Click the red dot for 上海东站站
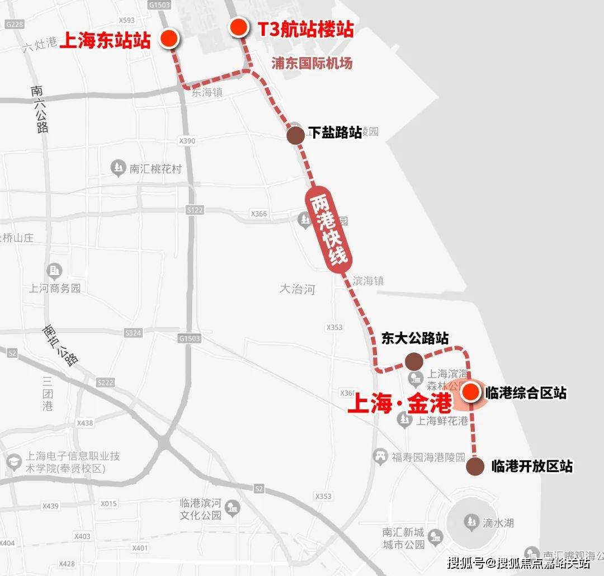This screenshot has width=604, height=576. [x=169, y=39]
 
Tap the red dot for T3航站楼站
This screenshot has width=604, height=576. [x=239, y=27]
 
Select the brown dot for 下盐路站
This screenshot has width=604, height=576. [x=295, y=135]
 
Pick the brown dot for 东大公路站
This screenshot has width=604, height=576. [x=414, y=360]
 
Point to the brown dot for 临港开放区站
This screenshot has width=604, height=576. [x=475, y=466]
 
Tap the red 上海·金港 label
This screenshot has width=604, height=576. [x=399, y=404]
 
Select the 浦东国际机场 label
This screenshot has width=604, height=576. [x=312, y=63]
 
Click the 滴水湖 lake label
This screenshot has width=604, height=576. [x=498, y=523]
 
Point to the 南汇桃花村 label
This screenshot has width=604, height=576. [x=155, y=168]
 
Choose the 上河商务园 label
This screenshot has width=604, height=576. [x=55, y=289]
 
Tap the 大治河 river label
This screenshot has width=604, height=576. [x=297, y=289]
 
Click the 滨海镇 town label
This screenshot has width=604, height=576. [x=367, y=281]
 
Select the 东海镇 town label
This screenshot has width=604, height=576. [x=207, y=93]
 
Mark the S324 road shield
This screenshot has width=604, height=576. [x=133, y=333]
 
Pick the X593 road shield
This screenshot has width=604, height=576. [x=127, y=21]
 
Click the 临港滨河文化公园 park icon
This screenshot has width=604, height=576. [x=232, y=508]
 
